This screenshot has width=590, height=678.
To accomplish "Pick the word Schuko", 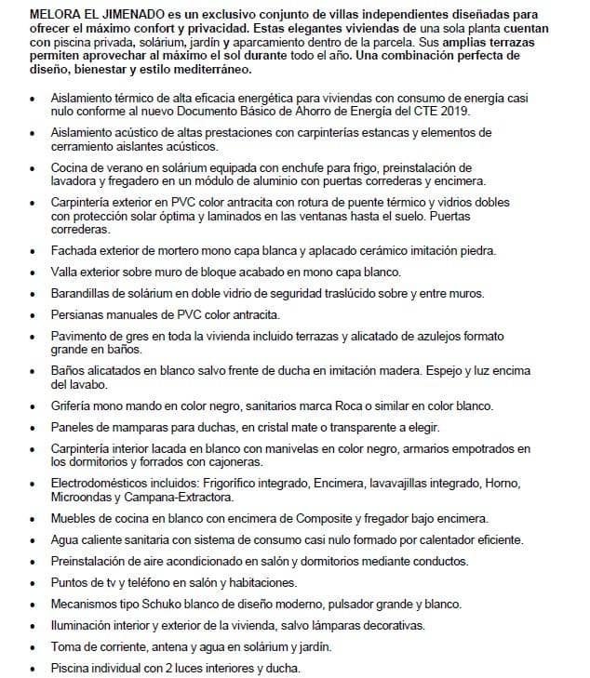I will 154,603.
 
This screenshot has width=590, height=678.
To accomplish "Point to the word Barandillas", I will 83,293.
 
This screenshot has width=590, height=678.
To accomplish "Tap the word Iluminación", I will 83,624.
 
